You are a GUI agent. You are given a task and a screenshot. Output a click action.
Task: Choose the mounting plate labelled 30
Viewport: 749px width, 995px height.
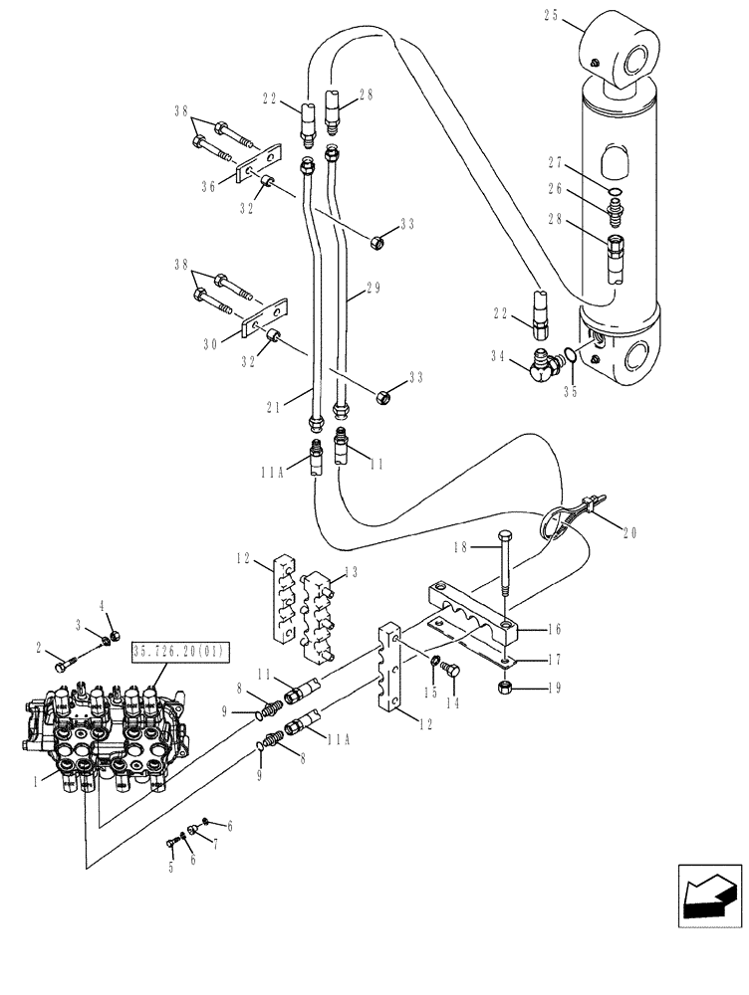click(x=261, y=320)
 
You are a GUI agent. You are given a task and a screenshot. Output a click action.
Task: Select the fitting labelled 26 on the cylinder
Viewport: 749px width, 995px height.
click(x=616, y=211)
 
